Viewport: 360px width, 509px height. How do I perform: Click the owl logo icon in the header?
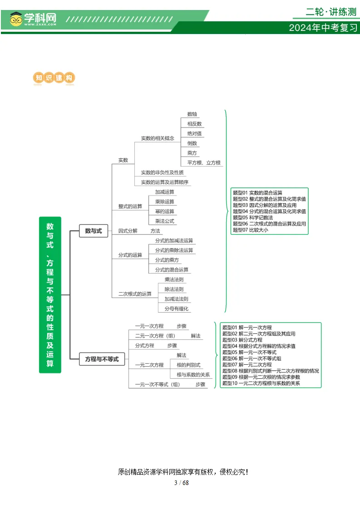(x=16, y=19)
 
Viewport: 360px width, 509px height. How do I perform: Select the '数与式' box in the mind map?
(x=94, y=231)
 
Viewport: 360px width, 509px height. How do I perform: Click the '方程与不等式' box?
(x=102, y=359)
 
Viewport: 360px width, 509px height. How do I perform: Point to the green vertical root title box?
(x=50, y=295)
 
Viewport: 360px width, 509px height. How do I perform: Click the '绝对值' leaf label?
(x=194, y=133)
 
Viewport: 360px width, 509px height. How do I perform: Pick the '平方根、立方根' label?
(x=204, y=162)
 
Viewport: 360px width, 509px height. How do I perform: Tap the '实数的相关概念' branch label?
(x=158, y=138)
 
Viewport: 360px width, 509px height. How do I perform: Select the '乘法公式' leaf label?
(x=165, y=221)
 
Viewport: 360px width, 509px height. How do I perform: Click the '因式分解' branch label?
(x=128, y=231)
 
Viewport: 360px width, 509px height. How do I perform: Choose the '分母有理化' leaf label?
(x=177, y=308)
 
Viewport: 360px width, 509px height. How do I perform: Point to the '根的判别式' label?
(x=188, y=365)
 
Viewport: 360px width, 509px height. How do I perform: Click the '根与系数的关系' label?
(x=193, y=375)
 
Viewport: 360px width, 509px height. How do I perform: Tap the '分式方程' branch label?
(x=145, y=345)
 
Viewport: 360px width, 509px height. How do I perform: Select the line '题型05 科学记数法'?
(x=253, y=217)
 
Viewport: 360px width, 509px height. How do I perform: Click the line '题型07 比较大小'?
(x=251, y=230)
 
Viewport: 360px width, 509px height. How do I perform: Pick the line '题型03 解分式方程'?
(x=242, y=340)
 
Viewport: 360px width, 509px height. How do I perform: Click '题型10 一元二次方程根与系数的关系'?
(x=261, y=383)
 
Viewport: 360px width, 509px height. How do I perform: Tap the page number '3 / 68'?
(x=182, y=483)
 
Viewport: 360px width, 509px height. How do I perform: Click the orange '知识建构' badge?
(x=54, y=78)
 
